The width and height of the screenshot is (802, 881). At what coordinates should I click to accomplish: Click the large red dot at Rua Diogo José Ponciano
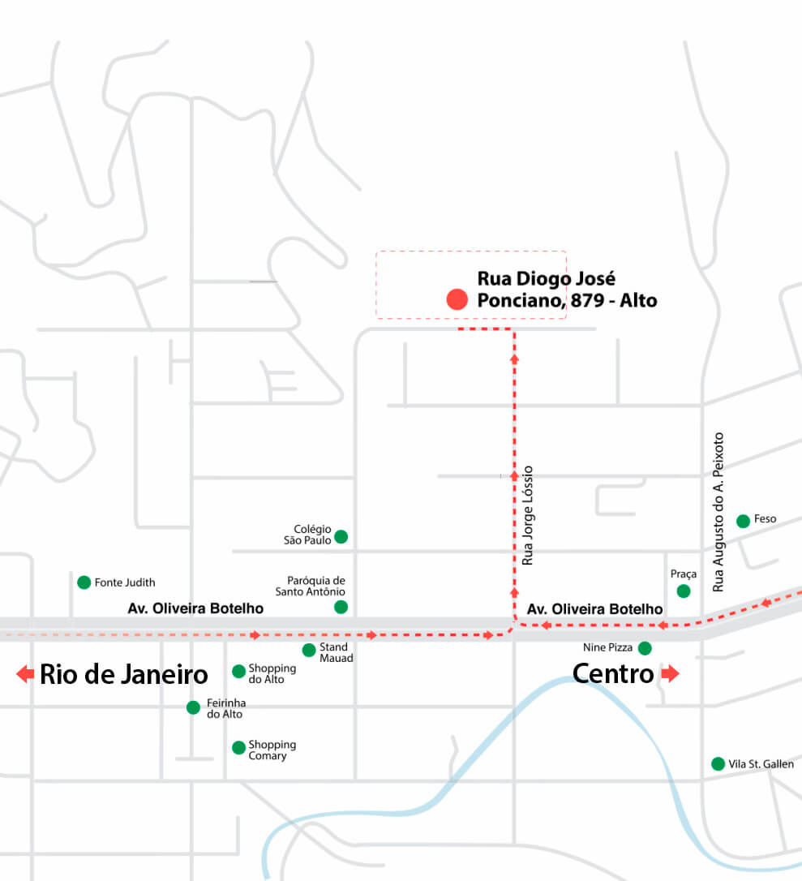(457, 299)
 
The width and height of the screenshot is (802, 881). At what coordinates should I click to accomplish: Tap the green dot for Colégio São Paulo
(341, 536)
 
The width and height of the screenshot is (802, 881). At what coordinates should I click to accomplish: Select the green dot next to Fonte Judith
(84, 582)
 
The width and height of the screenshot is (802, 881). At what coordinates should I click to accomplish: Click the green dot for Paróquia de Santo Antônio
(341, 607)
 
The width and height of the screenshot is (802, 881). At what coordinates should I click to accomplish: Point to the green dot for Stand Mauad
(309, 650)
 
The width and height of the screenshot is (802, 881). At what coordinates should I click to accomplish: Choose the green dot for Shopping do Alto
(238, 671)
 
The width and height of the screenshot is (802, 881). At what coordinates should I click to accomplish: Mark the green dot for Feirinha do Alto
(193, 707)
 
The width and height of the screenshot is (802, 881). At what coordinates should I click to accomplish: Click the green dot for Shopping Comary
(238, 748)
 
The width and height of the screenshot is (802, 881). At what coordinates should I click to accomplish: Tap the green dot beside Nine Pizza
(645, 648)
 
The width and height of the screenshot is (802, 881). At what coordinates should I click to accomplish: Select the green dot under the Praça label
(684, 591)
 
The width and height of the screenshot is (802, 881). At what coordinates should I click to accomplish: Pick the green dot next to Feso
(743, 521)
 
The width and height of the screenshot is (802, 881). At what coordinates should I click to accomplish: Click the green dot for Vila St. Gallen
(718, 763)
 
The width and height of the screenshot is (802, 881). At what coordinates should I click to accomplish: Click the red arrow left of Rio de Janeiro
(25, 673)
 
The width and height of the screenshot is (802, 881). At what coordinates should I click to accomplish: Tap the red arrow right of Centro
(670, 673)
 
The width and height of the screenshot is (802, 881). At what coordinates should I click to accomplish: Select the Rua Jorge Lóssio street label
(528, 515)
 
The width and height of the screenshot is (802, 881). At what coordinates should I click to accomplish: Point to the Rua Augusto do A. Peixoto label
(718, 511)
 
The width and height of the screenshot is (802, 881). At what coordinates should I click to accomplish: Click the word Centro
(613, 673)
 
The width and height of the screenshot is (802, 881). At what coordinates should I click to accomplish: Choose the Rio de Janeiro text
(124, 674)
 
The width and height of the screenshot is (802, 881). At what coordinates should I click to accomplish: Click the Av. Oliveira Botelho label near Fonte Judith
(195, 608)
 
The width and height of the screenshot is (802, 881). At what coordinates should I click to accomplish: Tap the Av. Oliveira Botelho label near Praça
(594, 609)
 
